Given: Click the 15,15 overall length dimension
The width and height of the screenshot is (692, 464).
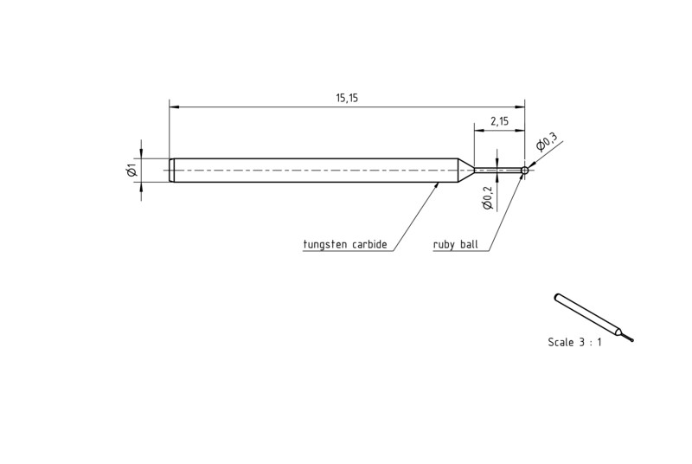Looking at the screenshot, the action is point(347,98).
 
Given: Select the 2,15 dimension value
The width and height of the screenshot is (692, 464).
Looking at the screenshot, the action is point(499,121).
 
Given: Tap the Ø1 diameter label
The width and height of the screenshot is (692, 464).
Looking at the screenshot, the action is point(132,170).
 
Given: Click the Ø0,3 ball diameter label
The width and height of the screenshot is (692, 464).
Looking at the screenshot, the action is point(547,141).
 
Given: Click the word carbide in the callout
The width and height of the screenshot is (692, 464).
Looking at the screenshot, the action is point(369,244).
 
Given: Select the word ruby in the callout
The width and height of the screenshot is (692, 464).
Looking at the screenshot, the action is point(444,245).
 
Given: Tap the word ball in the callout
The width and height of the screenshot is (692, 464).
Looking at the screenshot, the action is point(469,244).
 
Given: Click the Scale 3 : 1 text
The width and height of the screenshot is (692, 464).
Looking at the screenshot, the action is point(574,342).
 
